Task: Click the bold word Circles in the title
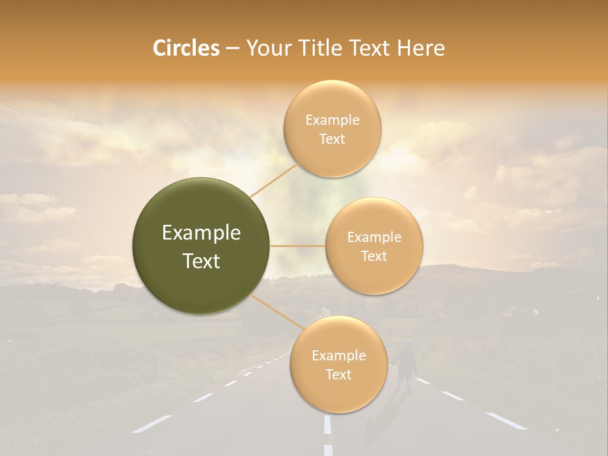186,48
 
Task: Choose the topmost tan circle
332,129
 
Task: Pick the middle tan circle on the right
374,246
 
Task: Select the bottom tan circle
338,364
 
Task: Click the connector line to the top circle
274,179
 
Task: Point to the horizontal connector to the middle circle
298,246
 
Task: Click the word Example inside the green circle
201,233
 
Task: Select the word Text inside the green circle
201,261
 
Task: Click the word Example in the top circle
332,120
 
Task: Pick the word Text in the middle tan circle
374,256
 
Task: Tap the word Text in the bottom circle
338,374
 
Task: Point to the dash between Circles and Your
232,48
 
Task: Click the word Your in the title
267,48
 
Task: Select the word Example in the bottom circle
338,355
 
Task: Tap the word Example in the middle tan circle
374,237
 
